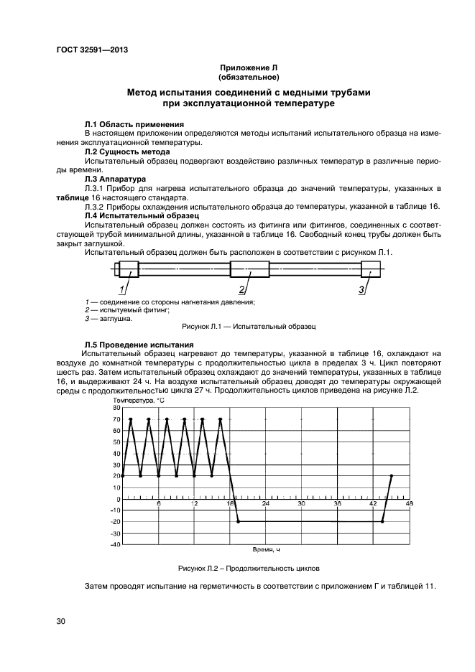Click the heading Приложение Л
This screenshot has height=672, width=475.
(248, 67)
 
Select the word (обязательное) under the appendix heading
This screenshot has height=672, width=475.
(248, 76)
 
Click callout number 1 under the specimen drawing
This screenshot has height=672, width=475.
(122, 289)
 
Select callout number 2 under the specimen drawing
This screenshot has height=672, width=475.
(242, 289)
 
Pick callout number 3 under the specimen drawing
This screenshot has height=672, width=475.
(361, 289)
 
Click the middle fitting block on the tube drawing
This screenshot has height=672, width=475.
(249, 271)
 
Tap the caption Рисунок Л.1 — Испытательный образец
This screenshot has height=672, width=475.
(249, 327)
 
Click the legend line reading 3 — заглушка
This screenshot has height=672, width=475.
(108, 318)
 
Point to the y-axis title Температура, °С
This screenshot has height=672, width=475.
(136, 400)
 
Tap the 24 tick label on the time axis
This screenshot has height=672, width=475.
(265, 504)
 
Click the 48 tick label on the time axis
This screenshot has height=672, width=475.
(409, 504)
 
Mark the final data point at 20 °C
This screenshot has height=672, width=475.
(391, 476)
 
